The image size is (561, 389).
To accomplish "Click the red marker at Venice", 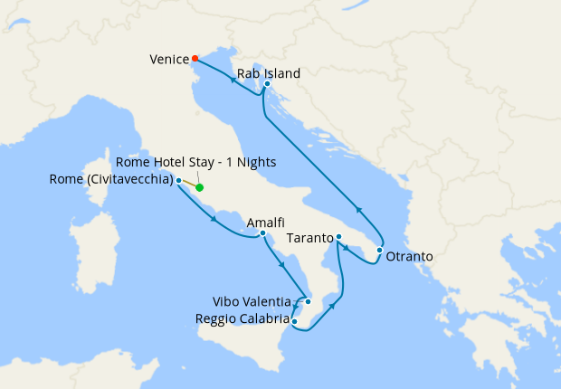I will [x=195, y=60].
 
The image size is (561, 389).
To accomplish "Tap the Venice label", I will [x=168, y=61].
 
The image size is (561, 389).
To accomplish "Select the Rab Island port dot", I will [x=267, y=84].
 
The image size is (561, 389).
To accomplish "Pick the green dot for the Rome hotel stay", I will [x=200, y=188].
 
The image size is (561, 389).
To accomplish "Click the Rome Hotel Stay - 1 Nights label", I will [x=196, y=162].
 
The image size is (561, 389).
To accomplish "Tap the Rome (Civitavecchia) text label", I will [x=112, y=180].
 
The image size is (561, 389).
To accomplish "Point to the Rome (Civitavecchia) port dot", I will [x=179, y=181].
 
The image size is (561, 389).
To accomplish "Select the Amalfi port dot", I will [x=262, y=233].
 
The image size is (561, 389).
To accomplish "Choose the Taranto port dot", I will [x=338, y=238].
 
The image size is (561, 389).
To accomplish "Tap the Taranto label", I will [x=309, y=239].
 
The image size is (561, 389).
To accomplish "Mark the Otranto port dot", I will [x=380, y=250].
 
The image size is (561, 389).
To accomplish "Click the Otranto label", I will [x=409, y=257].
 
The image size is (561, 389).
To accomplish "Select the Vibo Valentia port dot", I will [x=309, y=301].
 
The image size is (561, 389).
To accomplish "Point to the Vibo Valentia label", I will [x=252, y=301].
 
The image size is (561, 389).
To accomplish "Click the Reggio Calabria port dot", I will [x=295, y=319].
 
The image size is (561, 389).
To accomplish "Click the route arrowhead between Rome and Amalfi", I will [x=213, y=218].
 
